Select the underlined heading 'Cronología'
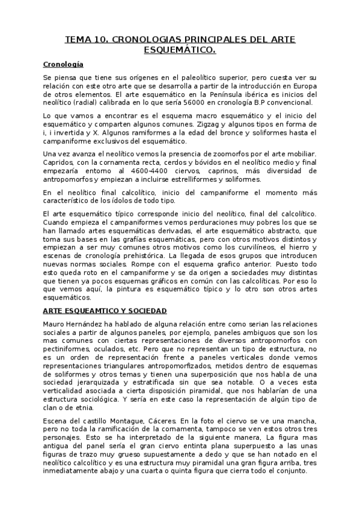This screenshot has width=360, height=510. (63, 64)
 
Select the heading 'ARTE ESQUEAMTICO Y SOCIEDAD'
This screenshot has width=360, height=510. (105, 310)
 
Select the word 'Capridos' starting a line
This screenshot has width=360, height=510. (59, 163)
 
